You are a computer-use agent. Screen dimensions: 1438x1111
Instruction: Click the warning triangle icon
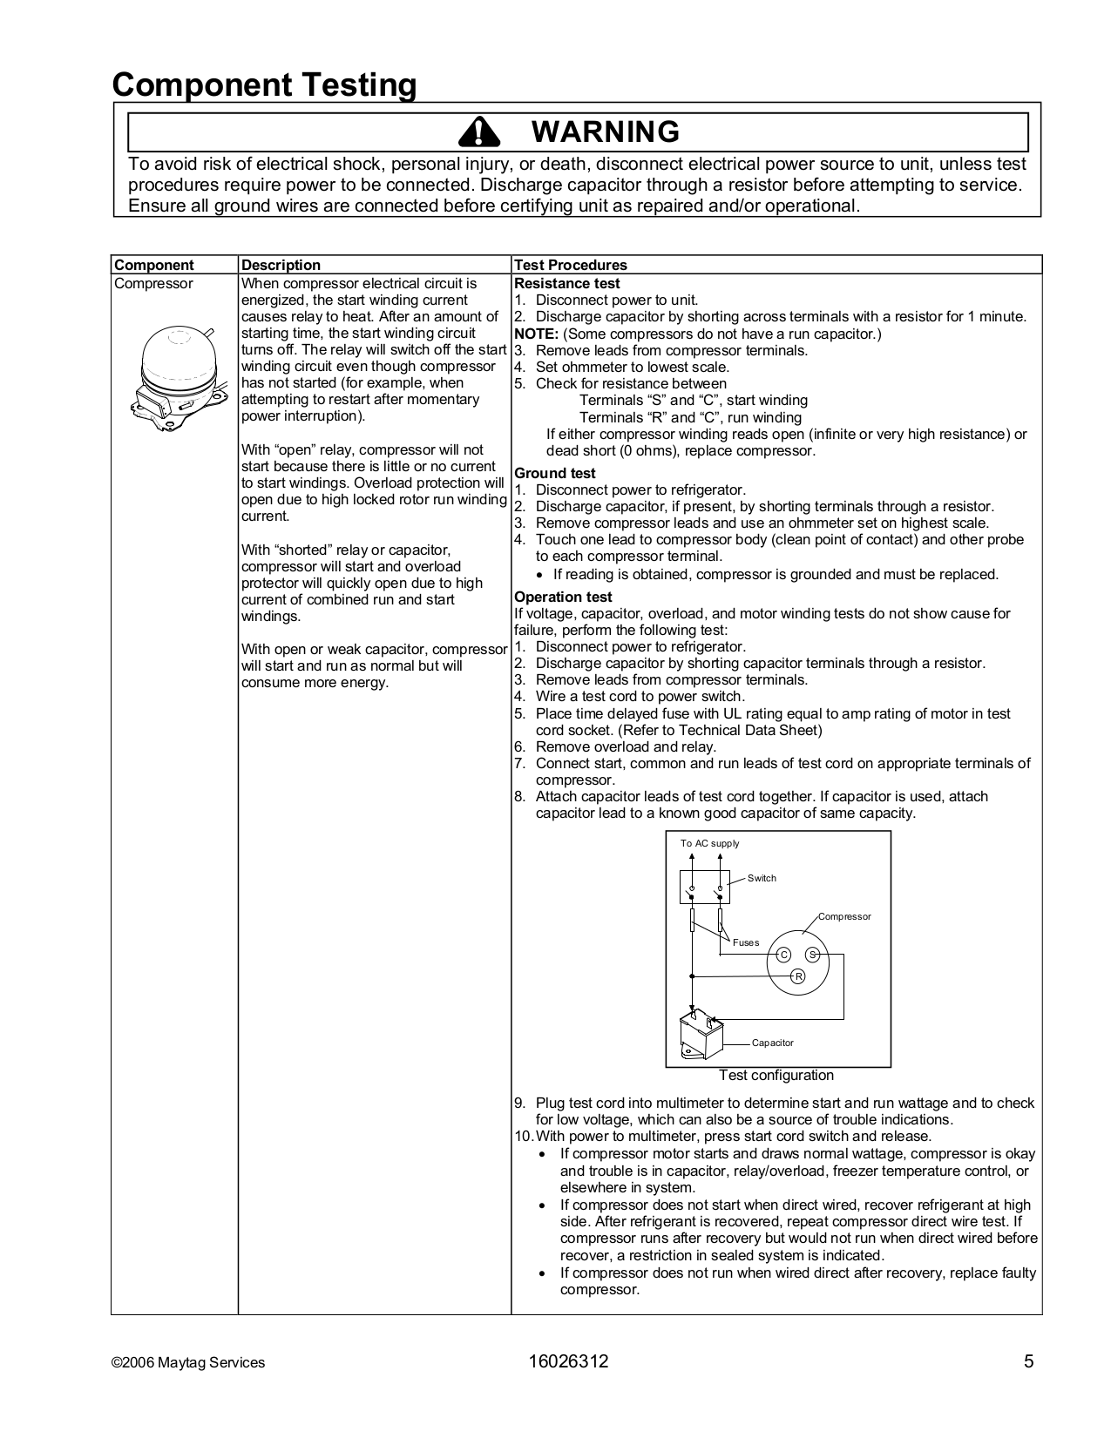477,132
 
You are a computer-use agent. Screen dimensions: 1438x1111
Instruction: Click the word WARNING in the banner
605,132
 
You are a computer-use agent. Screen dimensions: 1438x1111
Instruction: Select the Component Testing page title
264,85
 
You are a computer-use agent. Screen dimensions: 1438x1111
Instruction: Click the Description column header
281,265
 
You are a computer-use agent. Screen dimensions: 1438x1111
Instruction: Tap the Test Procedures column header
570,265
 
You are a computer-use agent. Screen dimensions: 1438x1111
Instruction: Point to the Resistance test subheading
566,283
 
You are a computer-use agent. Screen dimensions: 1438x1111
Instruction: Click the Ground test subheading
554,473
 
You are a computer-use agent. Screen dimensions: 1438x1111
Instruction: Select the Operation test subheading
562,597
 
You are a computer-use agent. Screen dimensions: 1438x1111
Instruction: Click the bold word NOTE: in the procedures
536,334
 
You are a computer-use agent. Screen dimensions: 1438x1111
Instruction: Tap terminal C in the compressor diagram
782,955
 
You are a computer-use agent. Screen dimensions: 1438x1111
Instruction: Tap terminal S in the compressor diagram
812,955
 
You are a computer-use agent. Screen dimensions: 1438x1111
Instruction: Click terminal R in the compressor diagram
797,976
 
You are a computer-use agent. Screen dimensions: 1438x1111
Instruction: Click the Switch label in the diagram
761,878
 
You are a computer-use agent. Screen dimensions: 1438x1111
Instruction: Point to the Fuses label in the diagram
745,942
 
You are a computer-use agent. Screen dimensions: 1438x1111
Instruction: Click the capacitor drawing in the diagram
701,1035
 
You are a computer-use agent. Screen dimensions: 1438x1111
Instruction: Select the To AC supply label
709,843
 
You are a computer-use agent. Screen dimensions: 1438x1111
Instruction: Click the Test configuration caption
776,1075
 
